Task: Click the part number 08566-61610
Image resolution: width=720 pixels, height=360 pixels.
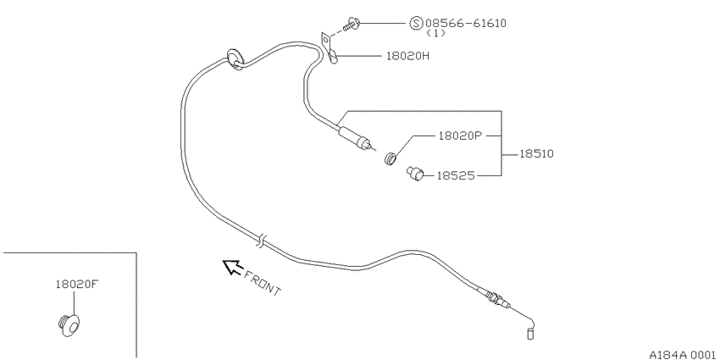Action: pyautogui.click(x=466, y=23)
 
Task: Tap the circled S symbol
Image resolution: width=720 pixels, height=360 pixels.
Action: pyautogui.click(x=416, y=23)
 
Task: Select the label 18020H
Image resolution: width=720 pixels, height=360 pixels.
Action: pyautogui.click(x=407, y=56)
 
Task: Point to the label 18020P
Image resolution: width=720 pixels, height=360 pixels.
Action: pyautogui.click(x=461, y=136)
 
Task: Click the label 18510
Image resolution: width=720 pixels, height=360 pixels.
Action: pyautogui.click(x=536, y=154)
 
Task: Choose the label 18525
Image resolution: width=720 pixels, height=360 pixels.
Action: pyautogui.click(x=455, y=175)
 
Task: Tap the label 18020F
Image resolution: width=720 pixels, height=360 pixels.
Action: pyautogui.click(x=77, y=285)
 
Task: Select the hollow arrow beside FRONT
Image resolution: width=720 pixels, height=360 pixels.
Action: pyautogui.click(x=232, y=267)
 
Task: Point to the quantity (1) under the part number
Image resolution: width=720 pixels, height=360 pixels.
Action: pyautogui.click(x=435, y=34)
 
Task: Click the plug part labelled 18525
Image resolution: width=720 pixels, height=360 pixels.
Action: pyautogui.click(x=415, y=174)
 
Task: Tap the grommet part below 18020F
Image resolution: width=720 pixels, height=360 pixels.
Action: pyautogui.click(x=69, y=325)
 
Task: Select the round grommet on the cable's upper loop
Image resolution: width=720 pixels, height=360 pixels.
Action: pyautogui.click(x=235, y=59)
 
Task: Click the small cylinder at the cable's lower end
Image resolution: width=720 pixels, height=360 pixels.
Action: pyautogui.click(x=531, y=334)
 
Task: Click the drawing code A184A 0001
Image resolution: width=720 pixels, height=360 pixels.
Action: pyautogui.click(x=684, y=355)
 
